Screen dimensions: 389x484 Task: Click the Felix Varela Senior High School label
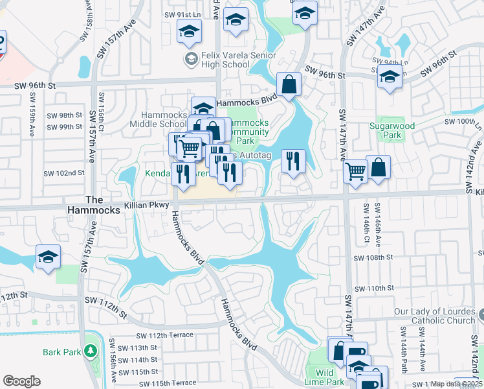point(224,60)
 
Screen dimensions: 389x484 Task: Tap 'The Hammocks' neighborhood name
point(94,206)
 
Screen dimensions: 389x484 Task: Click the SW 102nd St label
point(64,173)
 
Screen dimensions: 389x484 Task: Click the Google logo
point(21,381)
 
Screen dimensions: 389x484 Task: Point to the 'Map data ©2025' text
point(457,384)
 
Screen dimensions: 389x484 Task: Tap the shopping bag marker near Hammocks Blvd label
point(289,84)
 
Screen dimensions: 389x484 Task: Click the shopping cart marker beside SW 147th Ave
point(355,172)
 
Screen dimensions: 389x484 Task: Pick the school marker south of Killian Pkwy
point(48,257)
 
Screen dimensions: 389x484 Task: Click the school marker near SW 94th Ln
point(390,77)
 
